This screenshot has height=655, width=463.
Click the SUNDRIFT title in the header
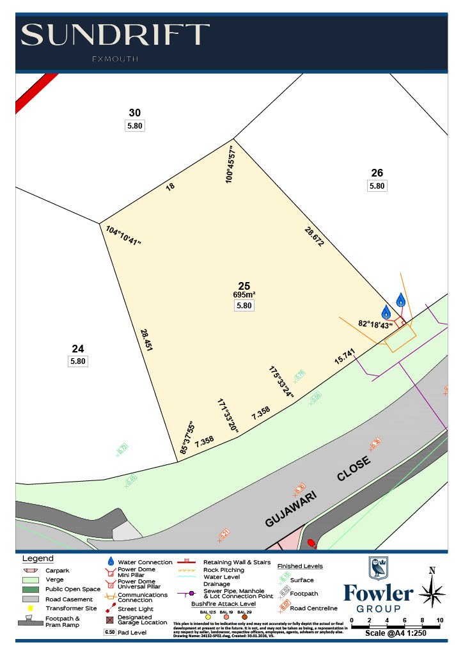pos(115,35)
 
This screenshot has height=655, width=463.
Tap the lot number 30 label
pos(134,113)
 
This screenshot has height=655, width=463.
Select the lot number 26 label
pos(377,172)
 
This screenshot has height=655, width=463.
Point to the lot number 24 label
pos(77,349)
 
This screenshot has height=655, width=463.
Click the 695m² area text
pos(244,295)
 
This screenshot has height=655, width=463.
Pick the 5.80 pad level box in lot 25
pos(244,306)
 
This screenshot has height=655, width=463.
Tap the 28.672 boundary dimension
pos(315,235)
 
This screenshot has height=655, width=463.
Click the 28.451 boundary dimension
pos(146,340)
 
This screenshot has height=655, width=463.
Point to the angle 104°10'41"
pos(123,235)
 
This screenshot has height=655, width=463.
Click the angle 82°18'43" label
pos(376,325)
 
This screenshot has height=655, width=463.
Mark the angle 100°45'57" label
pos(231,164)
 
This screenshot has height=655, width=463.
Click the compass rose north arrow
pos(432,588)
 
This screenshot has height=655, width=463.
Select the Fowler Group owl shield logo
pos(377,568)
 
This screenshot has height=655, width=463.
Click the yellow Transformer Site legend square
pos(30,608)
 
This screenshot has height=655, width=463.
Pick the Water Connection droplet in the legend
pos(111,561)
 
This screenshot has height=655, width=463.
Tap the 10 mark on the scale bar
pos(440,620)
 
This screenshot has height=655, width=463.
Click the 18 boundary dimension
pos(170,187)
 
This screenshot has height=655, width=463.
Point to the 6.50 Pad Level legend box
pos(110,632)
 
